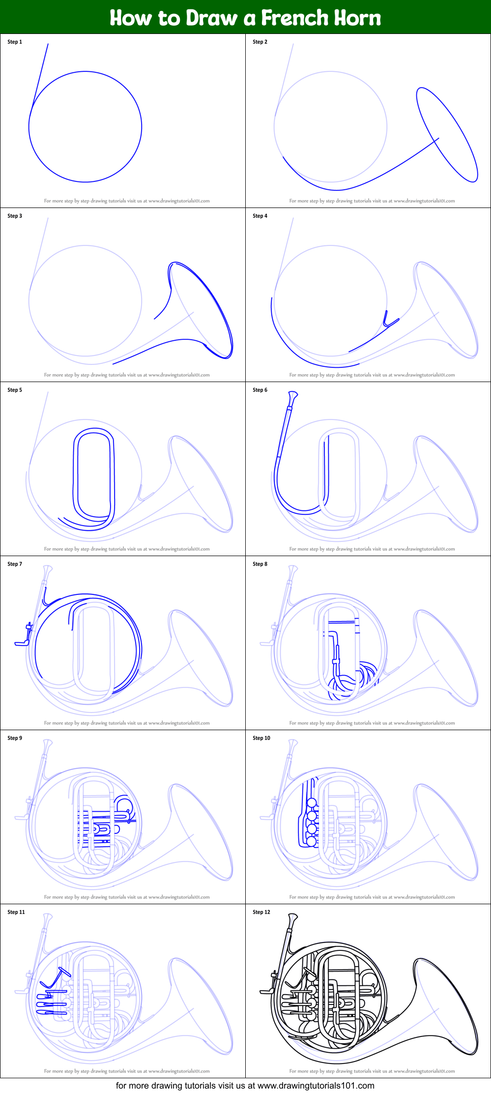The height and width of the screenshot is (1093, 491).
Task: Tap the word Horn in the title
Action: [x=358, y=18]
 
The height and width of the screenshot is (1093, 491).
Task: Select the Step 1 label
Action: [x=15, y=42]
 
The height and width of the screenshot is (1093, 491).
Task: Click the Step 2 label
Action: [x=260, y=42]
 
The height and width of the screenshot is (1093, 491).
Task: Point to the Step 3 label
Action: [x=15, y=216]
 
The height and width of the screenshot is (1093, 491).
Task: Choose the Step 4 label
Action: [x=260, y=216]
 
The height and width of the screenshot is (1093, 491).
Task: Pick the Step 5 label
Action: [x=15, y=390]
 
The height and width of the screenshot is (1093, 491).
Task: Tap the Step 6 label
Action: [x=260, y=390]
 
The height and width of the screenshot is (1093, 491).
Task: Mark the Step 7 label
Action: [x=15, y=564]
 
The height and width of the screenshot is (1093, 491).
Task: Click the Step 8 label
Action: [x=260, y=564]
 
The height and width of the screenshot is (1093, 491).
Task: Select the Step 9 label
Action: [x=15, y=738]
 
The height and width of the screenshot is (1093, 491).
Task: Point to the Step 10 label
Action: [x=261, y=738]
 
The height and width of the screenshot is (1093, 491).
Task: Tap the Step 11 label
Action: [x=16, y=912]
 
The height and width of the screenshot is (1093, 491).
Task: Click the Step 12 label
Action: [x=261, y=912]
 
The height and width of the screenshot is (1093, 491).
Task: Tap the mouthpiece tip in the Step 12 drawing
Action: [x=293, y=916]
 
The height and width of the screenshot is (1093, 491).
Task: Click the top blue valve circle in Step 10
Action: [x=312, y=803]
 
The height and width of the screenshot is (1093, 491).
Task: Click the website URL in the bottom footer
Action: [x=316, y=1085]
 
